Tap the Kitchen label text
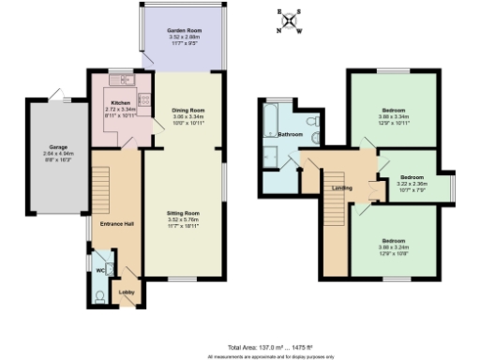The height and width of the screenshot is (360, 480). pyautogui.click(x=120, y=101)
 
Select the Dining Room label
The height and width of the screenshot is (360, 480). pyautogui.click(x=187, y=111)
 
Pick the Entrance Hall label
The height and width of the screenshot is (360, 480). pyautogui.click(x=102, y=224)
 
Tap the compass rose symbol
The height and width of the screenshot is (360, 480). pyautogui.click(x=288, y=21)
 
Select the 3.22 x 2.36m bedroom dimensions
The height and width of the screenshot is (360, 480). pyautogui.click(x=412, y=183)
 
